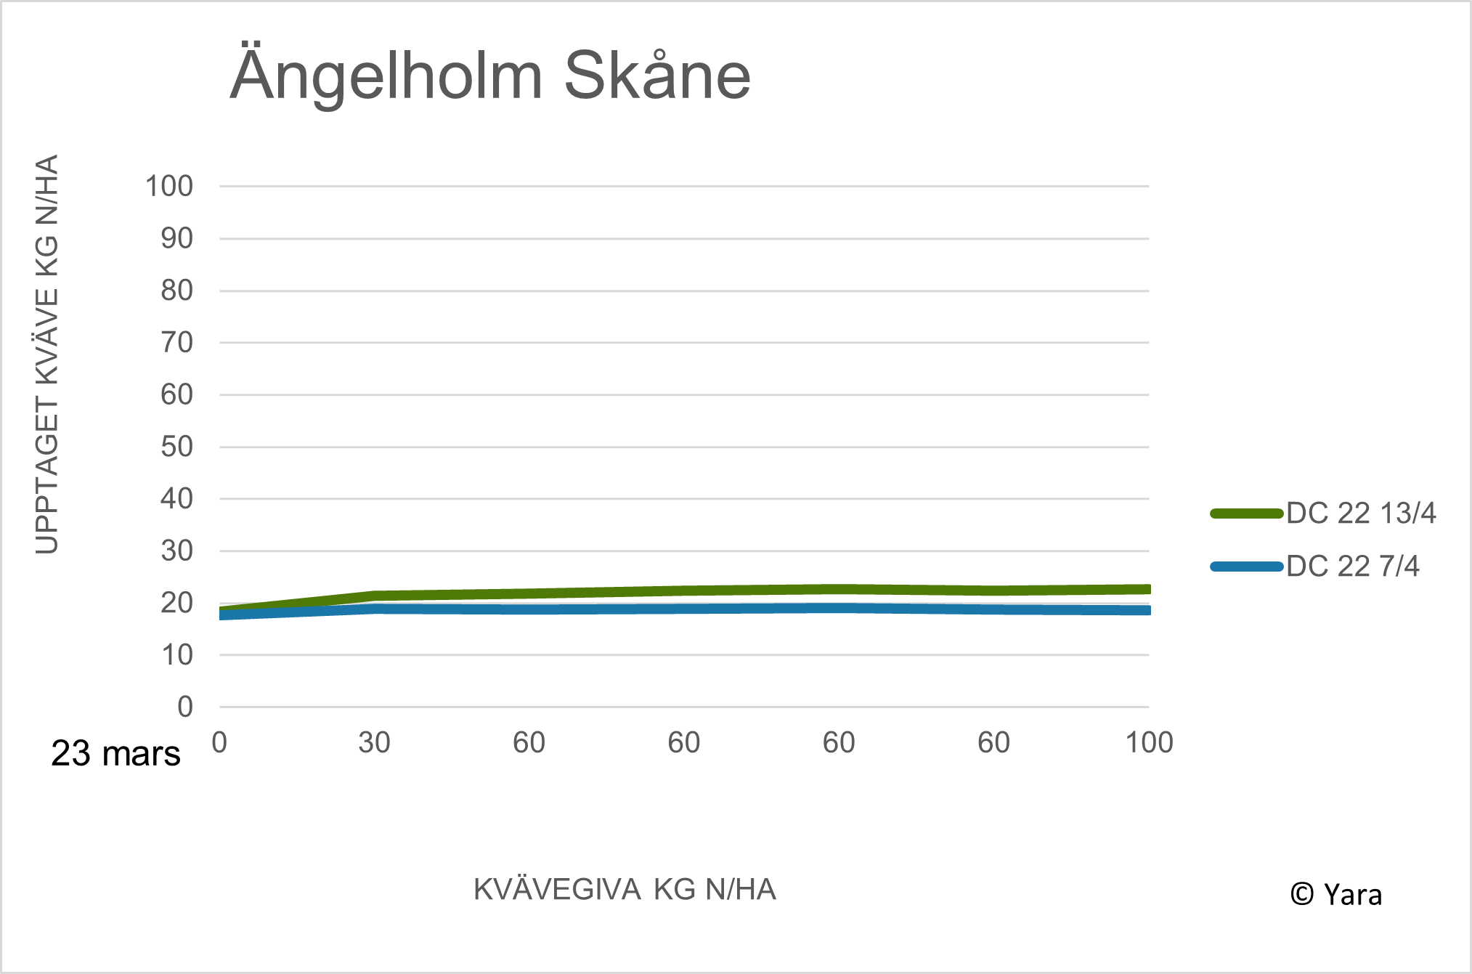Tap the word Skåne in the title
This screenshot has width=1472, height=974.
(x=657, y=76)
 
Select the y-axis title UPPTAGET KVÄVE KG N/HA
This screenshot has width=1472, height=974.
(x=46, y=354)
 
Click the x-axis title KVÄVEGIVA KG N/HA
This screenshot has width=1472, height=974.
(x=625, y=890)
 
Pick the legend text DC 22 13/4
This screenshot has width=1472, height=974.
(x=1361, y=514)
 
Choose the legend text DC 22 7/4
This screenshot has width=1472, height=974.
(x=1352, y=567)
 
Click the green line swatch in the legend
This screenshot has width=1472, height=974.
(x=1247, y=514)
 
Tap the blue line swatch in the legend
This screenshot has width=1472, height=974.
(x=1247, y=567)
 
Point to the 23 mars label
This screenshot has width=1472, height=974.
(x=115, y=754)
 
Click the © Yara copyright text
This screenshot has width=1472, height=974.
(x=1335, y=895)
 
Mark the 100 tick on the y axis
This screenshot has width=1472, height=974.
(x=169, y=187)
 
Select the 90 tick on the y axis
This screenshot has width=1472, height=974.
(x=177, y=239)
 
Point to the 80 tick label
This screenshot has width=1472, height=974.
(x=177, y=291)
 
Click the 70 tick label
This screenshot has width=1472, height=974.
(x=177, y=343)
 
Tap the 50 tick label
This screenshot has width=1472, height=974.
(x=177, y=447)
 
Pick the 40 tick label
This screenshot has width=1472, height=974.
(x=177, y=499)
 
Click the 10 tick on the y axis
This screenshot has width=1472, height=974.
(x=177, y=655)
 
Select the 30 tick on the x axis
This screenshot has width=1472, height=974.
(x=374, y=743)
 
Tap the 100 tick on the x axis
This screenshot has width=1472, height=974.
(x=1149, y=743)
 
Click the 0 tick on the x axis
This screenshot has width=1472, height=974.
(x=219, y=743)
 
